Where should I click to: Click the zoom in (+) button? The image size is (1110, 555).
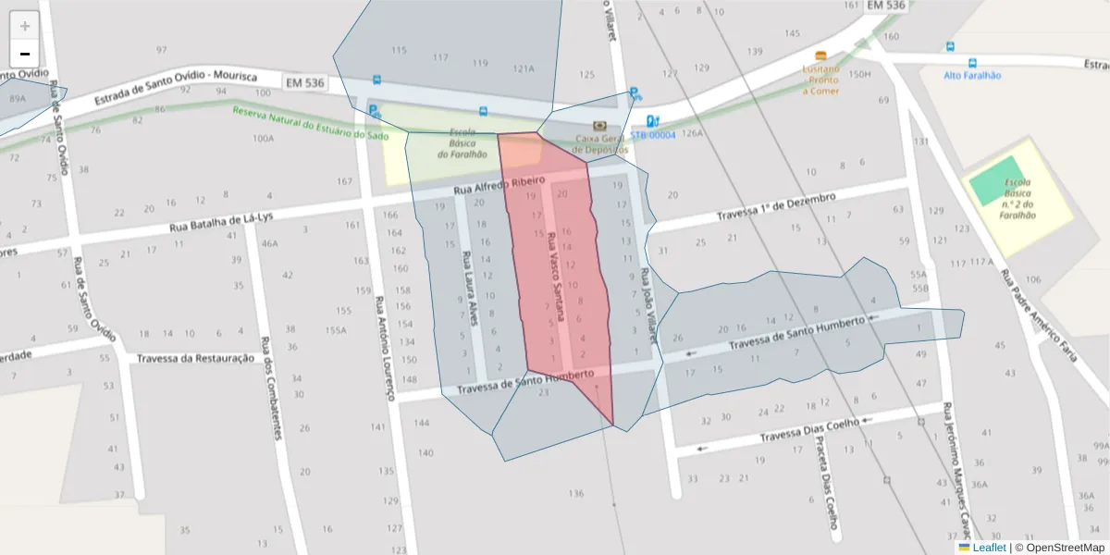coord(25,26)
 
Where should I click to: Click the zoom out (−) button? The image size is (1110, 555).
coord(25,54)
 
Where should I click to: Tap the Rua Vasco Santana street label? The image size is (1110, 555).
coord(557,277)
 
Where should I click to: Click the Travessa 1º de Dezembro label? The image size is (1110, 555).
coord(775,206)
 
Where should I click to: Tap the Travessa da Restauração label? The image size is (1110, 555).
coord(195,358)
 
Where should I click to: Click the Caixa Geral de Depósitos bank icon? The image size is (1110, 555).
coord(600,125)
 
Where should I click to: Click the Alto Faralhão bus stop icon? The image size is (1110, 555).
coord(971,63)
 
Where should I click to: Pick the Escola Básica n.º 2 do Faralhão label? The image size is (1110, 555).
coord(1017,198)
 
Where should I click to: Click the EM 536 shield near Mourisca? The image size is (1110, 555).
coord(305,83)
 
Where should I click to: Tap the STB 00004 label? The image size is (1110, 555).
coord(653,135)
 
